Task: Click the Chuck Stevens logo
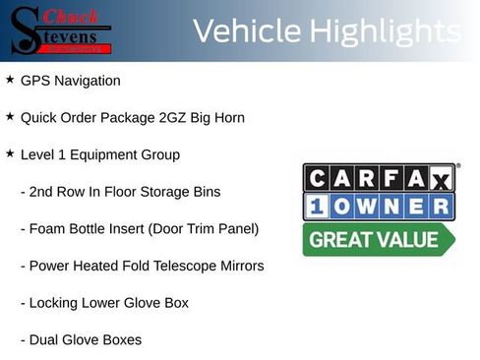(x=59, y=30)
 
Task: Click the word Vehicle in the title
(x=246, y=31)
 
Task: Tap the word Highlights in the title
(x=384, y=31)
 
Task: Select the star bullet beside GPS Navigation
(x=10, y=79)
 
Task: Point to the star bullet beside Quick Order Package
(x=10, y=116)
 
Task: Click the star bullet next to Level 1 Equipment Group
(x=10, y=153)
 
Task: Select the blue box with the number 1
(x=316, y=207)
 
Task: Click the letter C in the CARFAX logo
(x=316, y=178)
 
